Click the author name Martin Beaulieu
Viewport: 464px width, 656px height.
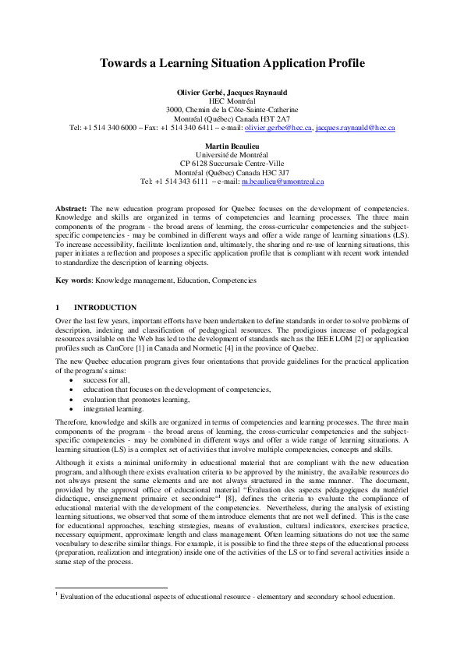[x=232, y=146]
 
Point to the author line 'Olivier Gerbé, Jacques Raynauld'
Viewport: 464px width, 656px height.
[x=232, y=93]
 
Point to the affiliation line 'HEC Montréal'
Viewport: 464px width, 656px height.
[x=232, y=101]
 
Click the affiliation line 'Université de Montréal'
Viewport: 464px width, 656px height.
[x=232, y=155]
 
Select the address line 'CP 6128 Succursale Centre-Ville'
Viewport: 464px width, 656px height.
[x=232, y=164]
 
